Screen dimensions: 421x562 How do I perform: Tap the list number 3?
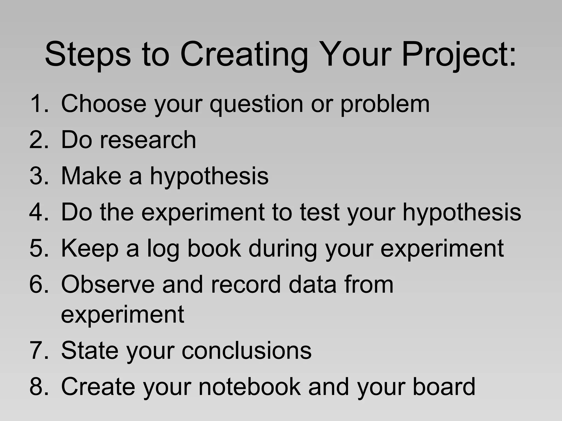pos(37,176)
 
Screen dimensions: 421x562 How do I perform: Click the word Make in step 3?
pos(91,176)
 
